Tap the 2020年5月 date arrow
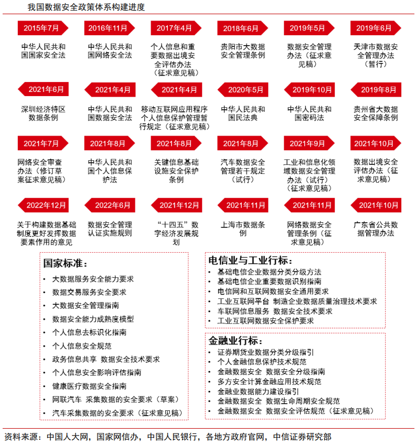click(x=241, y=89)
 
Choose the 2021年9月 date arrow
click(x=308, y=143)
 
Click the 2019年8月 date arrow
click(x=375, y=89)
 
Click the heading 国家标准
click(x=66, y=264)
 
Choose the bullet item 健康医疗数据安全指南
click(x=90, y=386)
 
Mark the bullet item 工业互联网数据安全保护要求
click(x=265, y=320)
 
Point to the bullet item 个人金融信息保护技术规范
click(x=262, y=362)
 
